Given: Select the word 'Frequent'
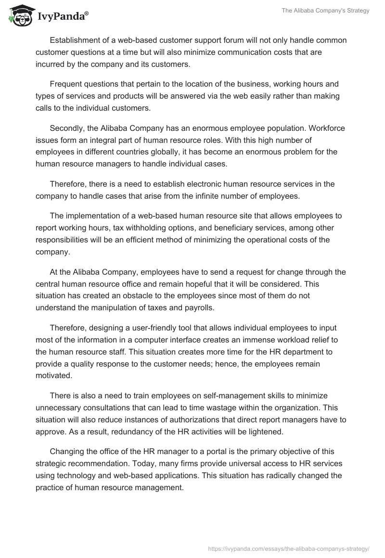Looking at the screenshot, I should click(66, 83).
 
